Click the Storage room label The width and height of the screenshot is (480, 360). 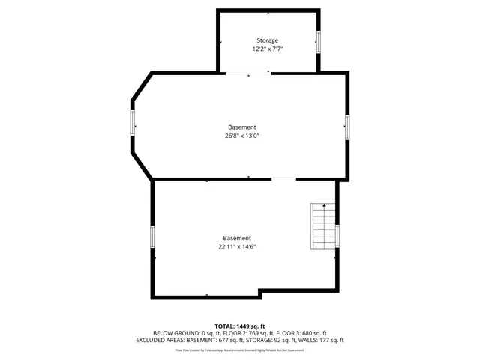(x=267, y=40)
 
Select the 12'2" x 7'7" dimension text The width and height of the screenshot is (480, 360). (x=267, y=49)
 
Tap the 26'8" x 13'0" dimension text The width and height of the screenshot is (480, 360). (x=241, y=136)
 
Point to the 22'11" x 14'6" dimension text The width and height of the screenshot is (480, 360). (x=237, y=246)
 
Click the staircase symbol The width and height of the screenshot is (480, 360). (x=323, y=228)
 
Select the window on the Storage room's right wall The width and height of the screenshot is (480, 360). (x=319, y=42)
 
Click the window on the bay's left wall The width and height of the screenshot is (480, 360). (x=133, y=123)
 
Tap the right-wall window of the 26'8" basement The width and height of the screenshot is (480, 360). (x=347, y=127)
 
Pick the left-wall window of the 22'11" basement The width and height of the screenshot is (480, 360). (x=153, y=238)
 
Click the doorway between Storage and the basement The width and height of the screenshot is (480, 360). (x=248, y=73)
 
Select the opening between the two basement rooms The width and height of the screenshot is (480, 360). (x=283, y=179)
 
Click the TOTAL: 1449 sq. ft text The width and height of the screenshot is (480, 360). (x=239, y=326)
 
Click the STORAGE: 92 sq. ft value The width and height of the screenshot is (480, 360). (x=272, y=340)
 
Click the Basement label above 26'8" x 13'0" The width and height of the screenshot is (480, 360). (x=241, y=127)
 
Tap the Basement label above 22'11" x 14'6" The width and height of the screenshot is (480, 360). (x=237, y=238)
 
